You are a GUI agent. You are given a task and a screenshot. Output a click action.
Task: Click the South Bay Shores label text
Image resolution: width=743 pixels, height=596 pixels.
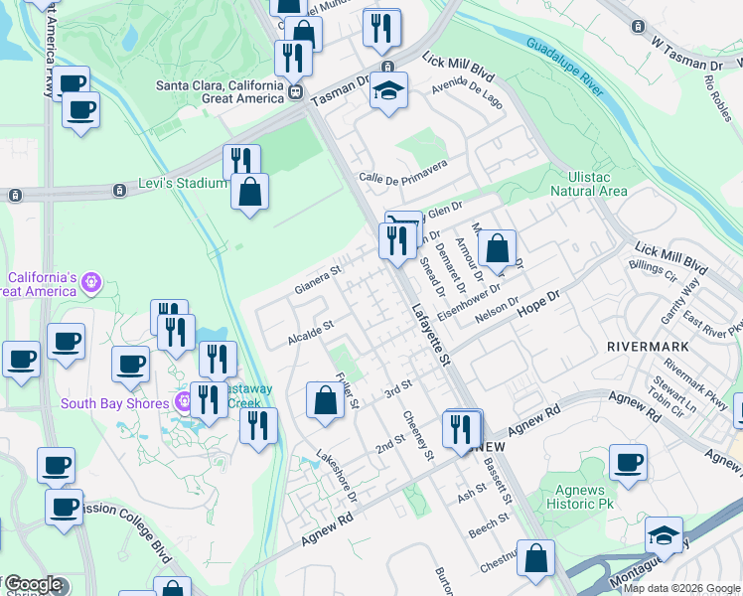[115, 403]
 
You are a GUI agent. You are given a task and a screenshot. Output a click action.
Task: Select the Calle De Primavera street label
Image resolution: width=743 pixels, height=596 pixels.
[403, 170]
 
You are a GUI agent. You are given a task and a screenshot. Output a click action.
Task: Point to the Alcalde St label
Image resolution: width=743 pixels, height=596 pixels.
[310, 332]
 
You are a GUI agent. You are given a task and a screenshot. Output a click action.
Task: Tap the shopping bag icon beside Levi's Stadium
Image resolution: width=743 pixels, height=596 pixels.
[250, 191]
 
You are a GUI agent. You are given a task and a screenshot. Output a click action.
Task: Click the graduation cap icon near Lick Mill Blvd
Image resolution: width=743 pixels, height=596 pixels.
[388, 91]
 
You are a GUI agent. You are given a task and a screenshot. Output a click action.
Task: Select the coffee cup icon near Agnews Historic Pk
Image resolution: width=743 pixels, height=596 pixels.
[628, 462]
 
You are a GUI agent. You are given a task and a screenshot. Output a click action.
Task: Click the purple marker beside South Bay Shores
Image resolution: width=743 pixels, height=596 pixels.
[183, 402]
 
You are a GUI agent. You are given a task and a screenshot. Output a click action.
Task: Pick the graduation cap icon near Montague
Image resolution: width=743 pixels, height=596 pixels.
[664, 536]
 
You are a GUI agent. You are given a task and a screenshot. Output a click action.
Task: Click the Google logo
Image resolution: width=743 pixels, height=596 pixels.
[34, 585]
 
